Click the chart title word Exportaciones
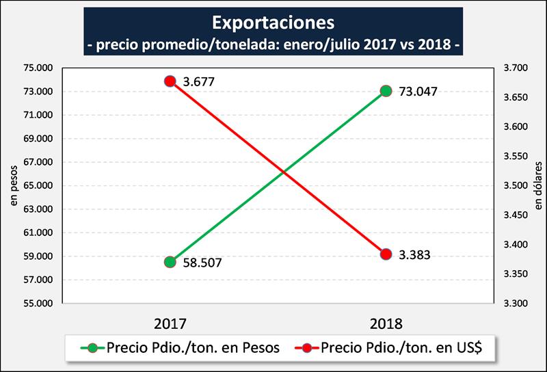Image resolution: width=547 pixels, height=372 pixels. pyautogui.click(x=273, y=23)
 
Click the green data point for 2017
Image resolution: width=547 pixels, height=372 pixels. pyautogui.click(x=171, y=262)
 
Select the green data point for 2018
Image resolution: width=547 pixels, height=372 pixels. pyautogui.click(x=386, y=91)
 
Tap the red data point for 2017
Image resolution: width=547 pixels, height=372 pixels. pyautogui.click(x=171, y=81)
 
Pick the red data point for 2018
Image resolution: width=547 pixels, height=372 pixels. pyautogui.click(x=386, y=254)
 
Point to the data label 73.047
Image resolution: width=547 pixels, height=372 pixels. pyautogui.click(x=416, y=91)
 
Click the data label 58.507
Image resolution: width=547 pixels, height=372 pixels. pyautogui.click(x=202, y=263)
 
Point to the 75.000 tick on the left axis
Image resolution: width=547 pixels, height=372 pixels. pyautogui.click(x=37, y=68)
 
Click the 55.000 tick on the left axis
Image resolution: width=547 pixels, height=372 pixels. pyautogui.click(x=37, y=304)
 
